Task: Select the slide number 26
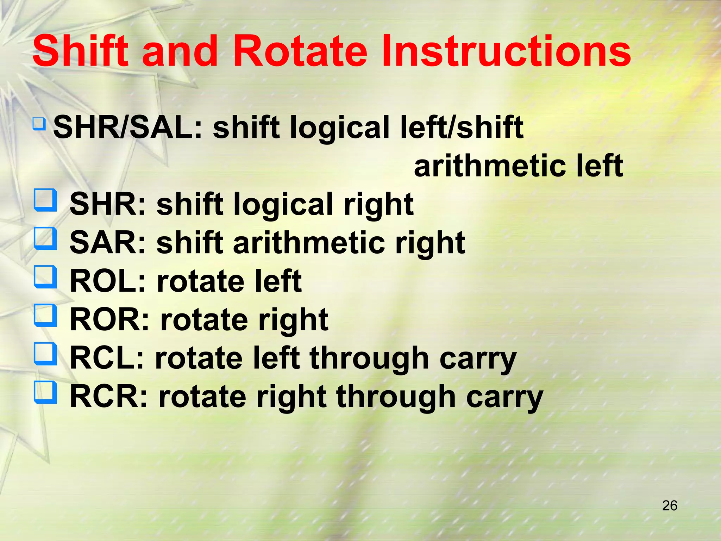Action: [670, 506]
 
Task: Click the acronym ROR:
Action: [109, 320]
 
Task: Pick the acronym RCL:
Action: [107, 358]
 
